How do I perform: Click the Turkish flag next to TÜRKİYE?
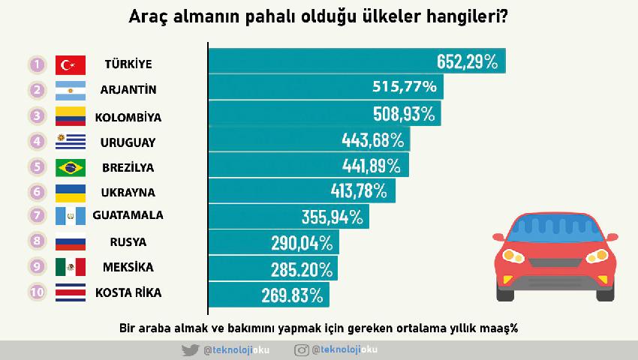72,64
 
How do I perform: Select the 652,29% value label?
467,61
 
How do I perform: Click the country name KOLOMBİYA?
128,117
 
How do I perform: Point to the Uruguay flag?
72,142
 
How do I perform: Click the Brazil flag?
72,167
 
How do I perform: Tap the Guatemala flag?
72,216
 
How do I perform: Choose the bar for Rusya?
273,242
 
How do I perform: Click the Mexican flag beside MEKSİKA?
72,267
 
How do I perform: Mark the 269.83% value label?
292,293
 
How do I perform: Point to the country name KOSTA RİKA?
128,292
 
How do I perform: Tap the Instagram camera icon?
302,350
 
